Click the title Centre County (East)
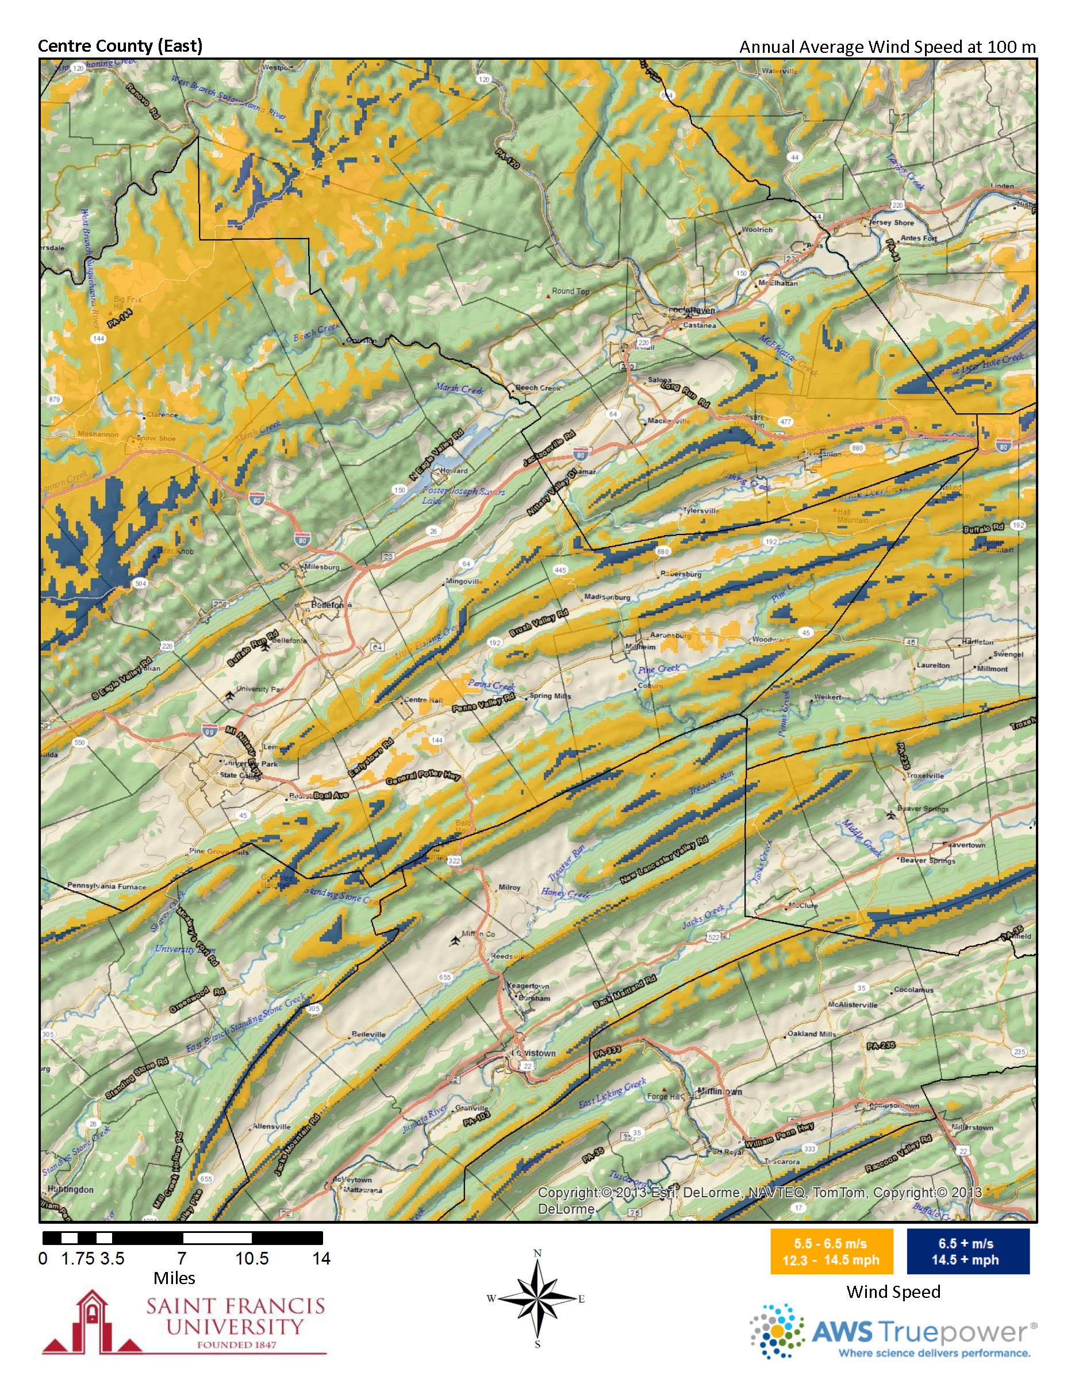coord(120,46)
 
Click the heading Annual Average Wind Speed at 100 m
coord(887,47)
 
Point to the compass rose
coord(537,1298)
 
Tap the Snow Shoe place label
coord(156,438)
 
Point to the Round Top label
coord(570,291)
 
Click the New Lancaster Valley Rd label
coord(663,860)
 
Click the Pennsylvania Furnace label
coord(106,886)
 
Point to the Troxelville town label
coord(925,776)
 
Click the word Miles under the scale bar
coord(174,1278)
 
